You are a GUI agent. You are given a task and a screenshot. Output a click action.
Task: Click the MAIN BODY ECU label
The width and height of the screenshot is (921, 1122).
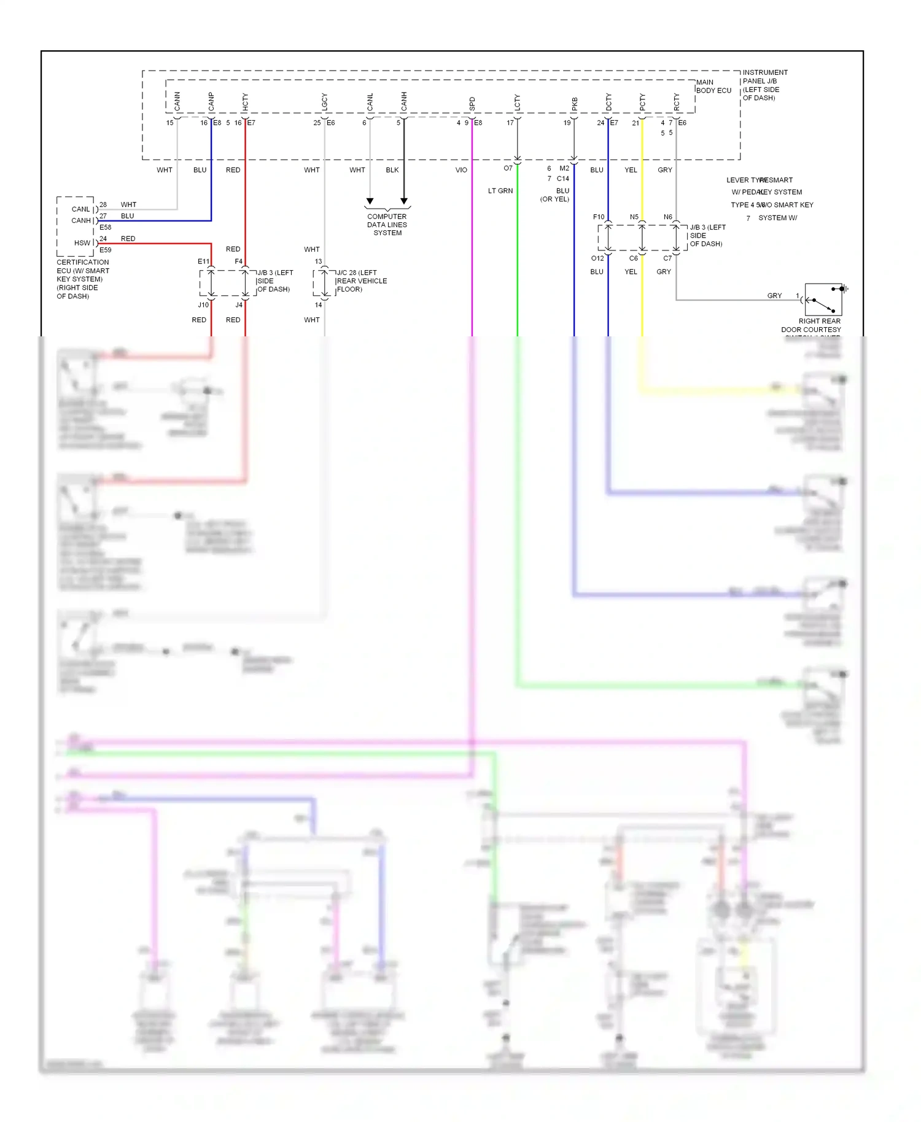click(713, 87)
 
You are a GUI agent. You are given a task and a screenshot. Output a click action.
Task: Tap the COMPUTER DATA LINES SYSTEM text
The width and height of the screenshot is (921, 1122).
click(387, 225)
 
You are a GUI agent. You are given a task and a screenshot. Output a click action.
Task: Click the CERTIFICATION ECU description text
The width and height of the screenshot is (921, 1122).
click(82, 279)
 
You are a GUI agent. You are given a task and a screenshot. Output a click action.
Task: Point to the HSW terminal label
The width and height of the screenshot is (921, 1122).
click(82, 243)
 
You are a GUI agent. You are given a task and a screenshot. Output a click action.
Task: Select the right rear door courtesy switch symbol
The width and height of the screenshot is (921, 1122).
click(823, 300)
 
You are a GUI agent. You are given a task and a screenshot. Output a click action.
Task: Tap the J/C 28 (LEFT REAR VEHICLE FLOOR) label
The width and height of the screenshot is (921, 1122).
click(362, 281)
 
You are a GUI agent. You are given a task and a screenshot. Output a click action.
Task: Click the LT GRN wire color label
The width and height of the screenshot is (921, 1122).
click(500, 191)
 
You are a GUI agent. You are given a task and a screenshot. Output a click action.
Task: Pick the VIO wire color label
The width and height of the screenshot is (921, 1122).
click(461, 170)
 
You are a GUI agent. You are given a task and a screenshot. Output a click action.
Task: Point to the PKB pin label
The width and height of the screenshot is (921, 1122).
click(575, 104)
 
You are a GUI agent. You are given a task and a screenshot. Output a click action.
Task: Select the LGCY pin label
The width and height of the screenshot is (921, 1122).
click(325, 102)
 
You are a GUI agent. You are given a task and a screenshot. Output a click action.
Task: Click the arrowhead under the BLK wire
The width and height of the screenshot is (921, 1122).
click(404, 201)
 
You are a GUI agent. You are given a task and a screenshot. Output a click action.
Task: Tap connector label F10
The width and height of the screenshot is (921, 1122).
click(599, 217)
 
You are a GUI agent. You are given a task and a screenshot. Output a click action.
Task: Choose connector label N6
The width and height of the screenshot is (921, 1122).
click(667, 217)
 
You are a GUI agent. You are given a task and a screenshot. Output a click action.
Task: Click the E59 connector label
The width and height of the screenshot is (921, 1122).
click(106, 250)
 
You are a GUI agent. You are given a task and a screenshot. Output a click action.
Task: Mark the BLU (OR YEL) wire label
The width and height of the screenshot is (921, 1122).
click(556, 195)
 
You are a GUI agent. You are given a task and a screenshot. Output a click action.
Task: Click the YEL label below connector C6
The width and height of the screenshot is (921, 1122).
click(631, 272)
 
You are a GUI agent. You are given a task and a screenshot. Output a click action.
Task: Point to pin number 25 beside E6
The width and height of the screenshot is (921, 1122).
click(317, 123)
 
